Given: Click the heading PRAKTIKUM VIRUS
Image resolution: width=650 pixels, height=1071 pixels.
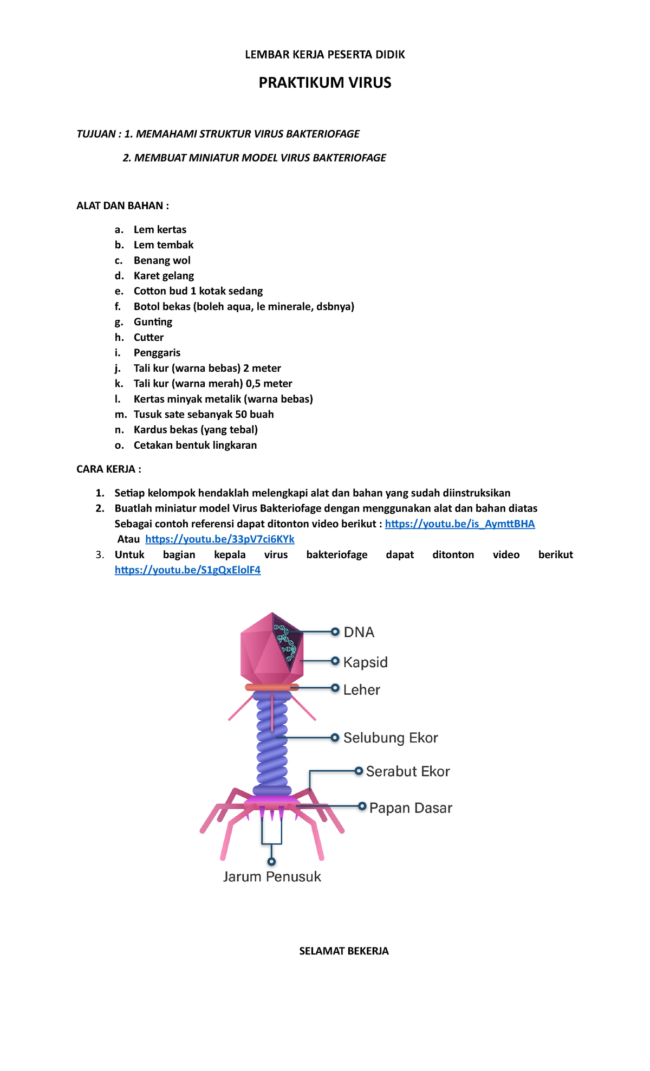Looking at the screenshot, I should coord(324,82).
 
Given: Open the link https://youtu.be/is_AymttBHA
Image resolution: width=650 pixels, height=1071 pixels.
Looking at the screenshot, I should coord(459,524).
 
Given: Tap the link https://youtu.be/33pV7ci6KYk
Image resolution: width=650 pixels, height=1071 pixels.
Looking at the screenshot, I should coord(219,539).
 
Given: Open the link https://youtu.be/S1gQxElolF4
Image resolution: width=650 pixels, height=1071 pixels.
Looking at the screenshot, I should coord(187,570).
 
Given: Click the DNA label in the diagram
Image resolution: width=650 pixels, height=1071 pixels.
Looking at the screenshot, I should coord(359,632).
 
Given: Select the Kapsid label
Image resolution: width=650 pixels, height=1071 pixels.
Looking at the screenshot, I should coord(365,662).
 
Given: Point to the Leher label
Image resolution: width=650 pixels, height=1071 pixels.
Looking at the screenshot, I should coord(361,689).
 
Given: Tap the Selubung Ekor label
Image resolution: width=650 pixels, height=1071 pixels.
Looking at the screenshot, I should coord(390,738).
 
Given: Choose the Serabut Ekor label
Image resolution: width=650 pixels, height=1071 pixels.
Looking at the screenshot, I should coord(407,771).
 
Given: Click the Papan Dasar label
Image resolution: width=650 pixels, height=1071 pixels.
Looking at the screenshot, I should coord(410,808).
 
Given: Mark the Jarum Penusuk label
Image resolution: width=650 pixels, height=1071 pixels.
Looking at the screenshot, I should coord(272,876).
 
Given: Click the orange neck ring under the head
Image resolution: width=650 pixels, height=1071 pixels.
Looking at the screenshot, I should coord(271,687).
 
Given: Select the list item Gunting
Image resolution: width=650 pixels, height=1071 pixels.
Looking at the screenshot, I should coord(153,322).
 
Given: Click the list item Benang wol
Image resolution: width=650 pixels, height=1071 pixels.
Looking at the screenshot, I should coord(162,260).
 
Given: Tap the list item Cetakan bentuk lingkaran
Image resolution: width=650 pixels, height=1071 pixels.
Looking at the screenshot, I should coord(195,445).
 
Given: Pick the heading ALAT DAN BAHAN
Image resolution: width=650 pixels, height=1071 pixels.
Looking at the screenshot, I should coord(122,205).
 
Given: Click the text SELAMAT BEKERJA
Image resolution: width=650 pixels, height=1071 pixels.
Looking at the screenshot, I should coord(343,951).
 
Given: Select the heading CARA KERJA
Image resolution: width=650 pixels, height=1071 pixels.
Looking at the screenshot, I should coord(108,469).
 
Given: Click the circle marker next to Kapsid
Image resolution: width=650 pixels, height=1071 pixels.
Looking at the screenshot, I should coord(335,661).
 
